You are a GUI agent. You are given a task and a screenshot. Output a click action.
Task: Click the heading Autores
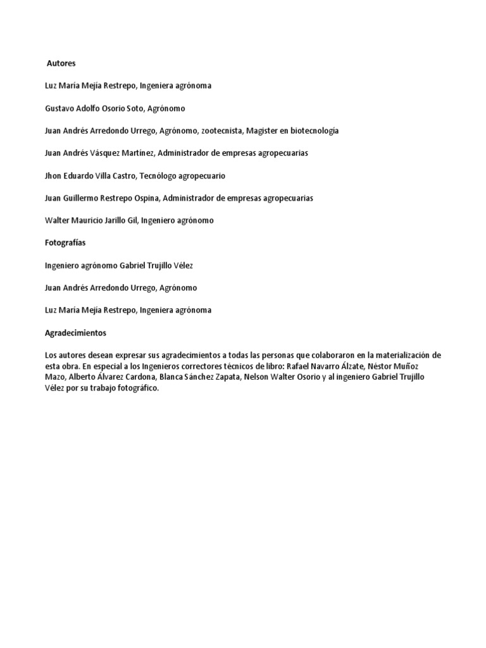tap(62, 63)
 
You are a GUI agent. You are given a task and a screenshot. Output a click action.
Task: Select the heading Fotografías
tap(65, 243)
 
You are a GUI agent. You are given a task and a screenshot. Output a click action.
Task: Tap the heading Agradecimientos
tap(76, 332)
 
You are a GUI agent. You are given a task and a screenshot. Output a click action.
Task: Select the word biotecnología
tap(309, 130)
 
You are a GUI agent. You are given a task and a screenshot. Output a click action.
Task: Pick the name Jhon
tap(54, 176)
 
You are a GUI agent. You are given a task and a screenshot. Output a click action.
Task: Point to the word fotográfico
tap(134, 389)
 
